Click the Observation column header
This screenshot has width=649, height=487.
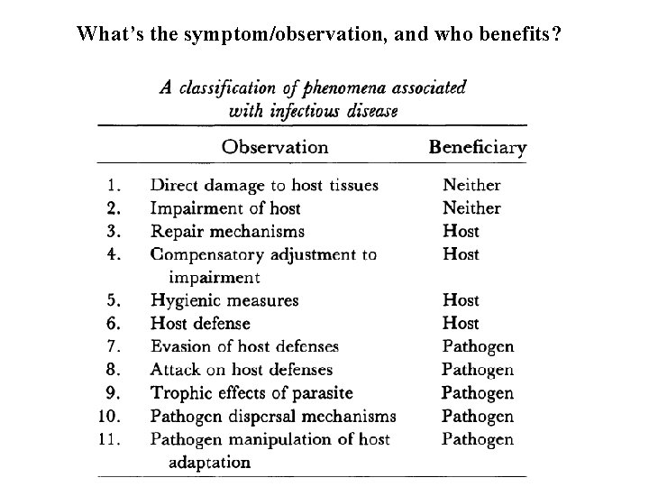[275, 146]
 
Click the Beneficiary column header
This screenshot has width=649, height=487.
[478, 147]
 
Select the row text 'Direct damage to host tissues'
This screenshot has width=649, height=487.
[264, 185]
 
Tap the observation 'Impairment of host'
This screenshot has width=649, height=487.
[225, 208]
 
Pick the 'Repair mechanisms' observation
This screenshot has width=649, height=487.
[227, 232]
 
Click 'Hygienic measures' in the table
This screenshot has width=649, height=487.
[224, 300]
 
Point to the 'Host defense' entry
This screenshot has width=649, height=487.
[200, 323]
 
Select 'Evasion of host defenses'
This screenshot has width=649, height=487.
[244, 346]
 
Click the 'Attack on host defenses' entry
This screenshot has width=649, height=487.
[242, 370]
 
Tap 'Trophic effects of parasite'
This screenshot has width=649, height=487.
[251, 393]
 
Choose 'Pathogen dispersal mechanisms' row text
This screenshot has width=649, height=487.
[273, 417]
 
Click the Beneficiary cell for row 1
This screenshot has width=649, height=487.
[471, 185]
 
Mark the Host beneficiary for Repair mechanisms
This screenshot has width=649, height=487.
[461, 232]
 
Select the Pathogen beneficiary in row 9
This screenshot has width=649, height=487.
[477, 393]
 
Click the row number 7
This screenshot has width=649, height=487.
[114, 346]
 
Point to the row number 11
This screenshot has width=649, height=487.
[110, 440]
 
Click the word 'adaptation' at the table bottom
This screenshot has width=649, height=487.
[209, 463]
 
